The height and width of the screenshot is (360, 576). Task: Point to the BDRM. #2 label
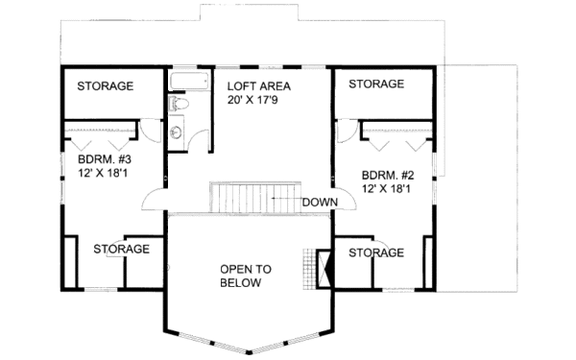tap(387, 176)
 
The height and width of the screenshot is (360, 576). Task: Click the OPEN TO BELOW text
tap(245, 276)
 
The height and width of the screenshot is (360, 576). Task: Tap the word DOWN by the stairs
tap(318, 203)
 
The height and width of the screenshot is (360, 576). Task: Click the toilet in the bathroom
tap(180, 103)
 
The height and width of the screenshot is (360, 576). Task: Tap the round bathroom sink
tap(179, 132)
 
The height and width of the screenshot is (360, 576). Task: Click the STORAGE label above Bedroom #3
tap(106, 86)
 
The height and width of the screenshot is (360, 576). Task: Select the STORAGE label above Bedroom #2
tap(376, 84)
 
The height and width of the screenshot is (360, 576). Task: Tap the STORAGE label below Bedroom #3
tap(121, 250)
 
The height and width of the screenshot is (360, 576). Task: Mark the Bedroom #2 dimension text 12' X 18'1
tap(387, 189)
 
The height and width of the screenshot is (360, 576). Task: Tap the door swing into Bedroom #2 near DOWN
tap(343, 199)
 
